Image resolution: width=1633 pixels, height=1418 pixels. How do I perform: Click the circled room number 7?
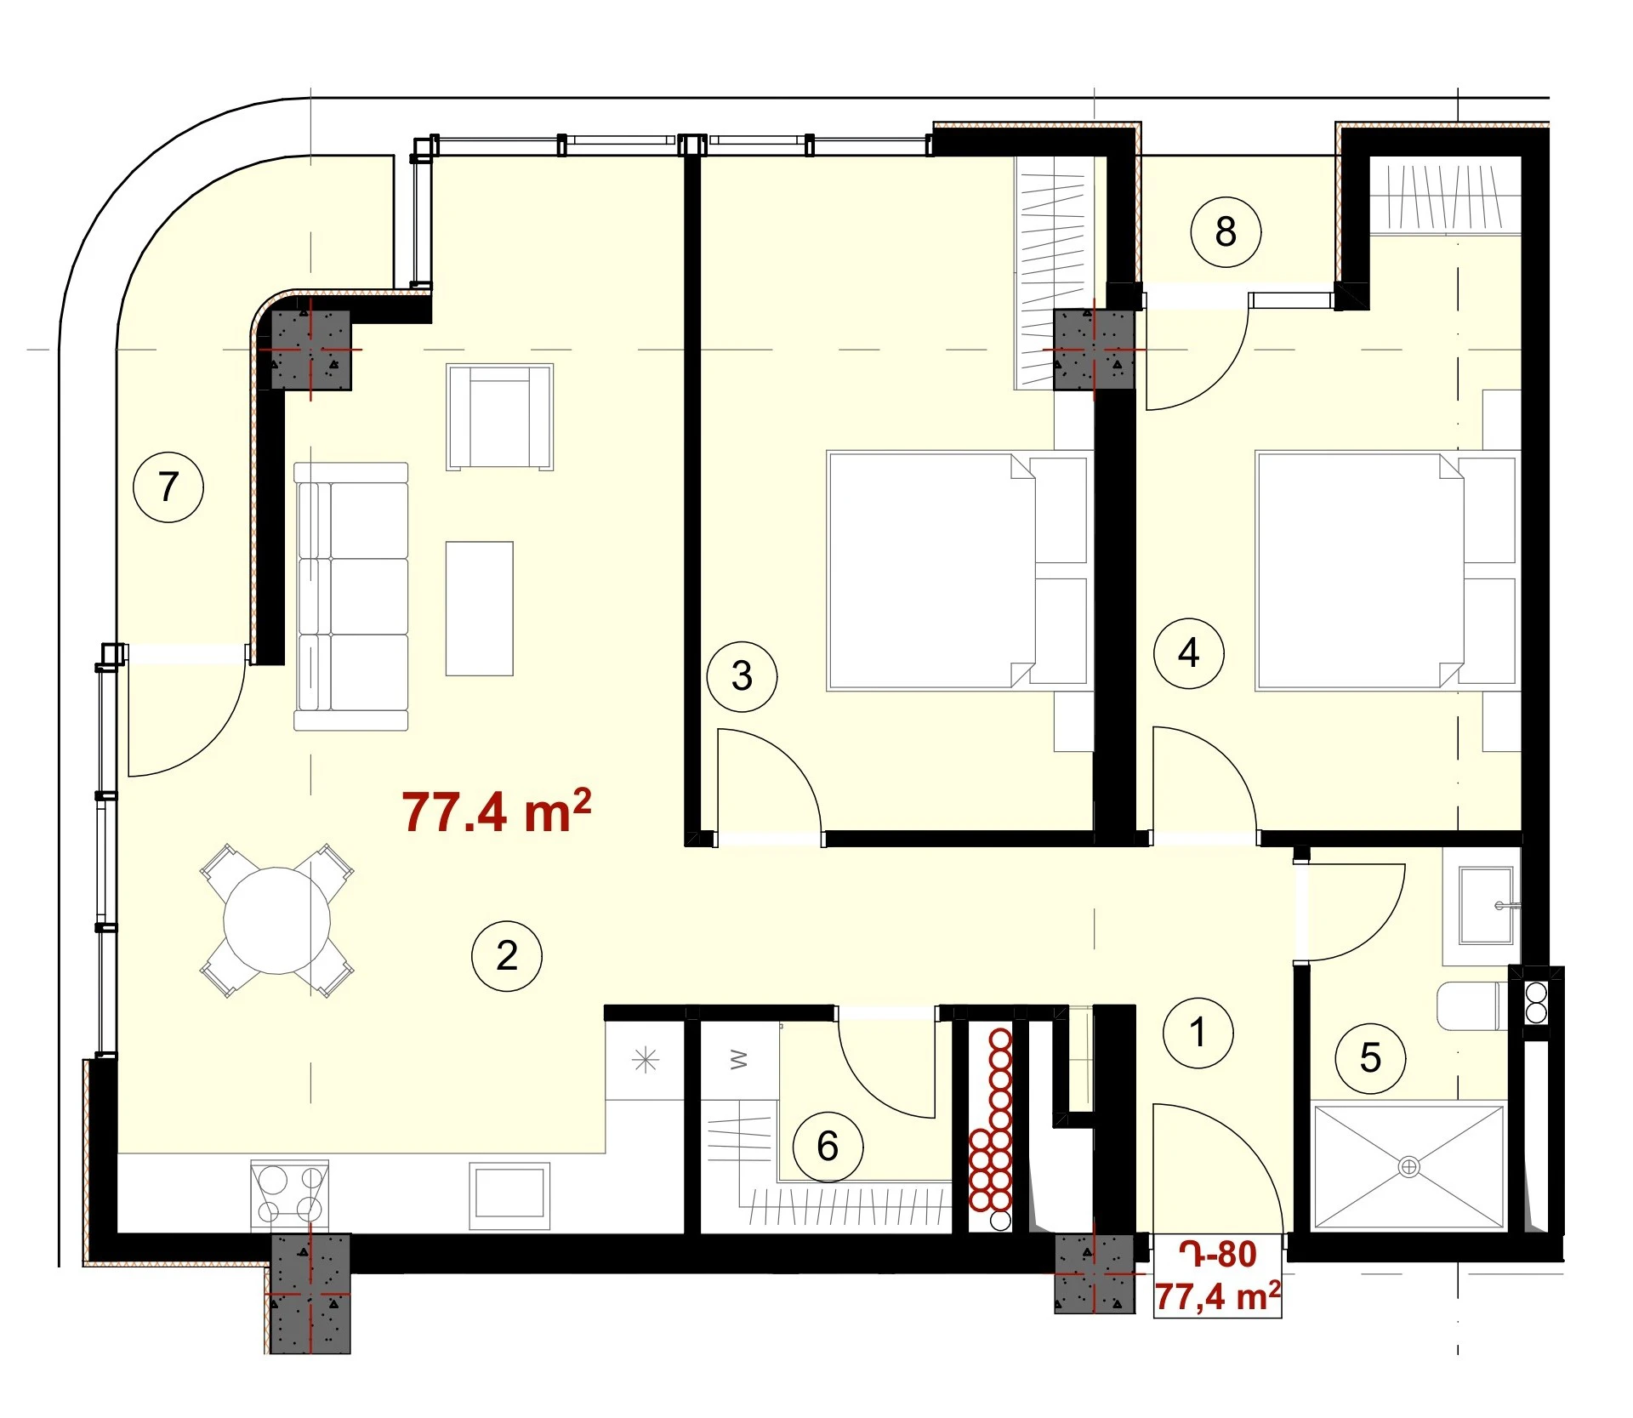click(x=168, y=487)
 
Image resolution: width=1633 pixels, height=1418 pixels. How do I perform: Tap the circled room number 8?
click(x=1226, y=231)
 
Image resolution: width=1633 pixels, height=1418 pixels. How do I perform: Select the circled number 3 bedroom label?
click(x=742, y=676)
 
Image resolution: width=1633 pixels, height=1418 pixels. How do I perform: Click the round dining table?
click(x=277, y=920)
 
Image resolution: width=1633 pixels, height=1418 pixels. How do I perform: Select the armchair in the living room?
click(x=500, y=417)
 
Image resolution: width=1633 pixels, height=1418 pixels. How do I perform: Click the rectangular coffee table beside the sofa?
click(x=480, y=608)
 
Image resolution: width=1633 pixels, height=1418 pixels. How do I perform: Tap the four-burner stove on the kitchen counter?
click(x=290, y=1193)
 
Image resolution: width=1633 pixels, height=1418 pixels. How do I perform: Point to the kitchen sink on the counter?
click(x=509, y=1195)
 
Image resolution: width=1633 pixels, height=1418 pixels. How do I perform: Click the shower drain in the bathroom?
click(x=1408, y=1167)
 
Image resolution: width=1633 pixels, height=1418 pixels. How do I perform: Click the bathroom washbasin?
click(x=1486, y=906)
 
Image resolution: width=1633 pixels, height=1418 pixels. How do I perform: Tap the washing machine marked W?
click(x=738, y=1060)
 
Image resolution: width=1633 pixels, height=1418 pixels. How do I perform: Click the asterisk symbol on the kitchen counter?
click(x=646, y=1061)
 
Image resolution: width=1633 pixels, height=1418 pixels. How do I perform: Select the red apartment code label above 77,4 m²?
click(x=1217, y=1255)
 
